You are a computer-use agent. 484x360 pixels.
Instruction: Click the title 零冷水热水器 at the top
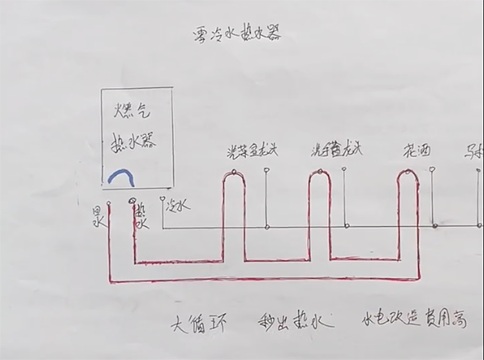pos(237,34)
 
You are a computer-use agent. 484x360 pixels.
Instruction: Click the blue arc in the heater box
pos(121,175)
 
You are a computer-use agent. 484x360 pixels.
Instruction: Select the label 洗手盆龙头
pos(336,151)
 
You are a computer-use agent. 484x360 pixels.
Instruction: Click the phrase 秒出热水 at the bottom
pos(290,321)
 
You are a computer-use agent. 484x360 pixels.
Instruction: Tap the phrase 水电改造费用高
pos(414,319)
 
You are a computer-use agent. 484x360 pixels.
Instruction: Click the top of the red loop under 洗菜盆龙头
pos(234,172)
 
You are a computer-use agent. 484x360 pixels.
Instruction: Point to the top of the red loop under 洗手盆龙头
pos(318,172)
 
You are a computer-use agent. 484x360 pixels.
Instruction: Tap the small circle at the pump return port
pos(110,203)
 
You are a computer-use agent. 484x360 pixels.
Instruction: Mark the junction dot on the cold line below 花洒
pos(435,226)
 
